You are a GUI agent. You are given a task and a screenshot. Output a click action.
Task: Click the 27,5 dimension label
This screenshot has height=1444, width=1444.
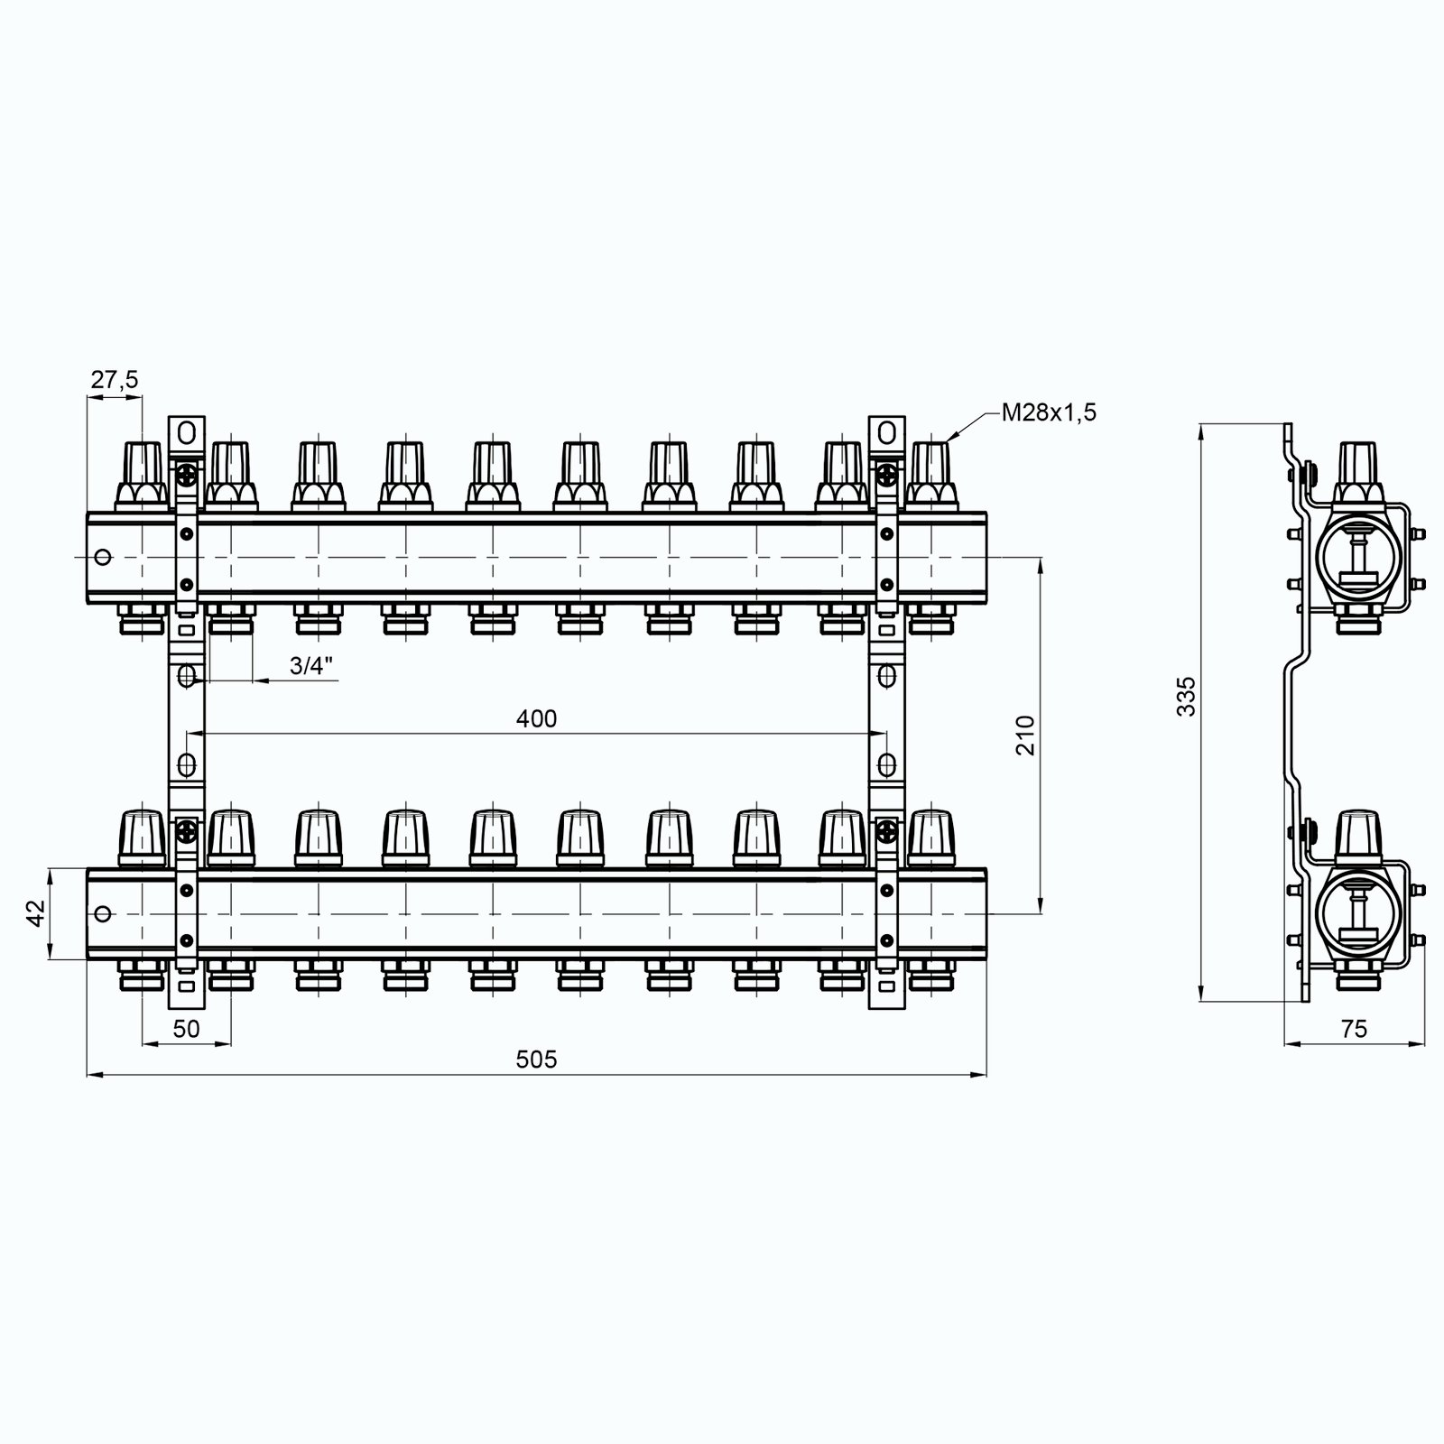point(115,380)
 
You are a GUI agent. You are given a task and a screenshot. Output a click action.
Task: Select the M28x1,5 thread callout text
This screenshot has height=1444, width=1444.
point(1049,413)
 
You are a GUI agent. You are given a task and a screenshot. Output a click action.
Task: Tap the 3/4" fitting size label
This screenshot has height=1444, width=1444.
point(311,666)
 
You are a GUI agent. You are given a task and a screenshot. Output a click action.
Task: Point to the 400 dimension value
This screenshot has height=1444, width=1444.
point(537,718)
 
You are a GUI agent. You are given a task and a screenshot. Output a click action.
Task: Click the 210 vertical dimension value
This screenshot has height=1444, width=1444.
point(1023,736)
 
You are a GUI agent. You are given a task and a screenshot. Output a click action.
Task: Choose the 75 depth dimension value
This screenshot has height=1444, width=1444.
point(1354,1029)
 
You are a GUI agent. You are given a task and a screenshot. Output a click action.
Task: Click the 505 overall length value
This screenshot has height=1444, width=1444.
point(537,1059)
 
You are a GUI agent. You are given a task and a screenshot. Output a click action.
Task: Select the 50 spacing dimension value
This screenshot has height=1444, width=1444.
point(186,1029)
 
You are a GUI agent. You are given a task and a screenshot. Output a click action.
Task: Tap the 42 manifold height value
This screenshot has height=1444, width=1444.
point(36,914)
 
